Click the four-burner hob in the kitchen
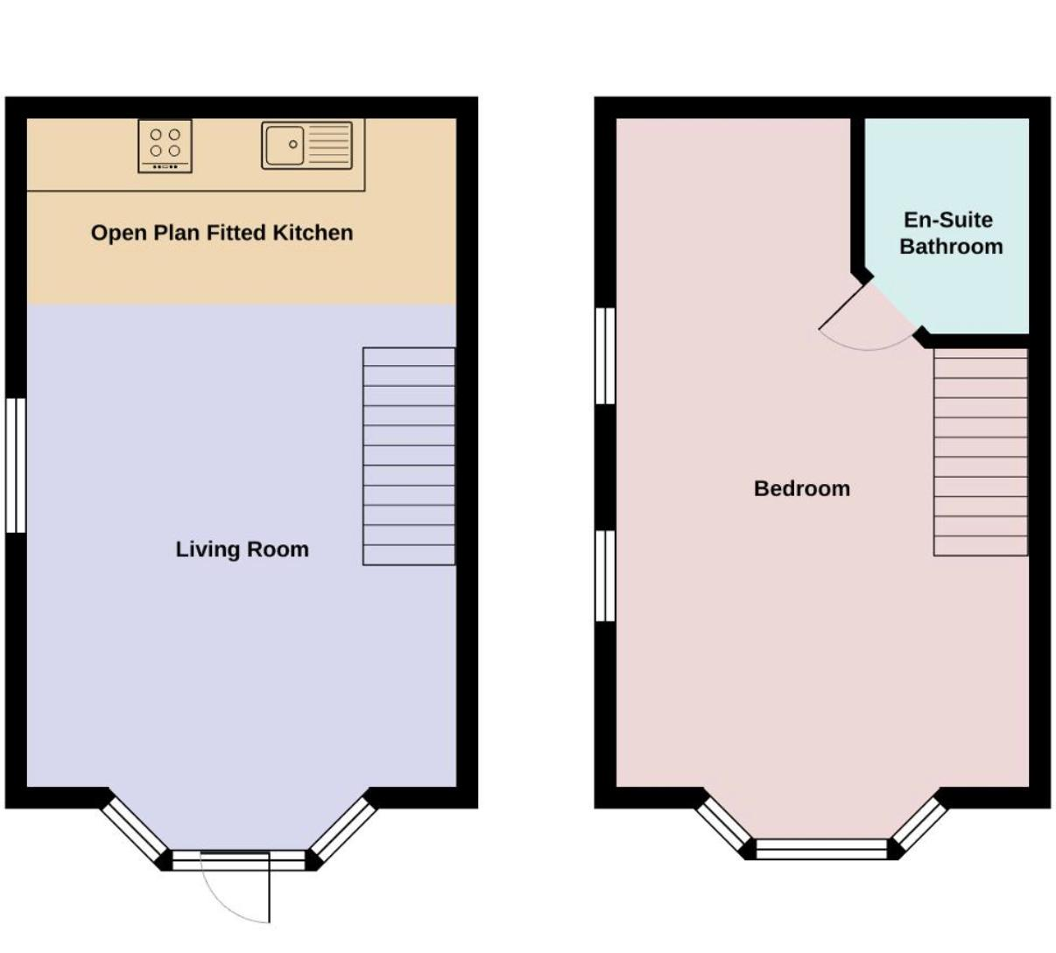(165, 146)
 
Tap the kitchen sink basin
(285, 144)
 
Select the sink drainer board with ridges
(329, 144)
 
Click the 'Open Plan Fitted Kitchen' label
(222, 233)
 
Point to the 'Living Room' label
(243, 550)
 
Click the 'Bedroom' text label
(802, 489)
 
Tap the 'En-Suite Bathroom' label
(951, 233)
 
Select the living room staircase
(409, 456)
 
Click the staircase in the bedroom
(981, 452)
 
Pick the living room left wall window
(16, 466)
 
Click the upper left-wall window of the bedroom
(605, 355)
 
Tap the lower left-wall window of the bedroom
(605, 576)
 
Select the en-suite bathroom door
(843, 307)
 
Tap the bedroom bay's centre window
(821, 850)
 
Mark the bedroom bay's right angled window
(920, 824)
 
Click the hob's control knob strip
(165, 167)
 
